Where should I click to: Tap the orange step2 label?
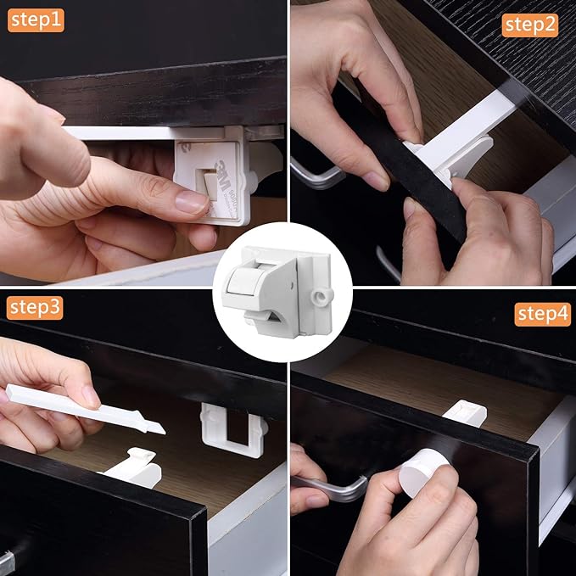530,25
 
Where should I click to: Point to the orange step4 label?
542,315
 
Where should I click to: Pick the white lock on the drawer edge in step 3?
136,463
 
